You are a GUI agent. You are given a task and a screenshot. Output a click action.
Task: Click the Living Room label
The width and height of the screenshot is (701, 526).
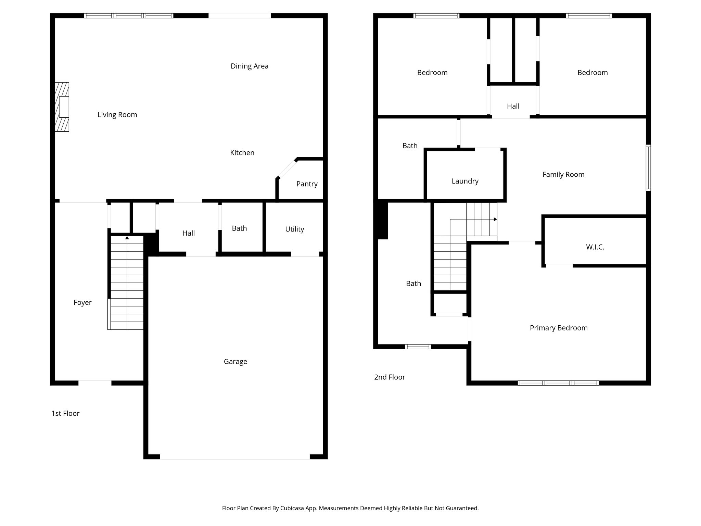[x=117, y=115]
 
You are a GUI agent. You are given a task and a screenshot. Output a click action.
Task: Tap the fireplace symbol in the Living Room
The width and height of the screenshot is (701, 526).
[x=62, y=107]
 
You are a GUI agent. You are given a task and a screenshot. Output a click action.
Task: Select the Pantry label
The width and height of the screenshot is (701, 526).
[x=307, y=184]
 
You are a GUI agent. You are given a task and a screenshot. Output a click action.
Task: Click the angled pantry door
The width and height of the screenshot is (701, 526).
[x=287, y=168]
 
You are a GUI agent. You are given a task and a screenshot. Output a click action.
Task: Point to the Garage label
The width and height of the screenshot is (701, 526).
[x=235, y=361]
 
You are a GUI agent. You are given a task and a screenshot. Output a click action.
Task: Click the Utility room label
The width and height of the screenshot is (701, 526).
[x=294, y=229]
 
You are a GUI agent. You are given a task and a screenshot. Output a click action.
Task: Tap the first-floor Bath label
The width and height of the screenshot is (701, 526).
[x=239, y=228]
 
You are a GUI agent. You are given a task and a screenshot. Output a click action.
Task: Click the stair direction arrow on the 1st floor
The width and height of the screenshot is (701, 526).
[x=127, y=238]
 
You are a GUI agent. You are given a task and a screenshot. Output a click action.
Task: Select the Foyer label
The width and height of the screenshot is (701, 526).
[x=82, y=302]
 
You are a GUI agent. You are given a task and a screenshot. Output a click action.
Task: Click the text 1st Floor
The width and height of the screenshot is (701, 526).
[x=65, y=413]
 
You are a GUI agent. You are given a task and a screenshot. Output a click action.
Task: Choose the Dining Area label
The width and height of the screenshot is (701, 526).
[x=249, y=66]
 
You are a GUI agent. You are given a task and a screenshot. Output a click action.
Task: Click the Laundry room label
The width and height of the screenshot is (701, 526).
[x=465, y=181]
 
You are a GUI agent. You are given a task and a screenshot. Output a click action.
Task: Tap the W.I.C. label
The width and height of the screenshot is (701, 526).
[x=595, y=247]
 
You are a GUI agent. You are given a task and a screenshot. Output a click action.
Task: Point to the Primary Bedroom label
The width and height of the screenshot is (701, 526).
[x=559, y=328]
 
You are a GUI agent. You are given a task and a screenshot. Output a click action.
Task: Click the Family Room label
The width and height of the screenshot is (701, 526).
[x=563, y=174]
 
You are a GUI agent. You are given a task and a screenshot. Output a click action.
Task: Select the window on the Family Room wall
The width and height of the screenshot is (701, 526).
[x=648, y=168]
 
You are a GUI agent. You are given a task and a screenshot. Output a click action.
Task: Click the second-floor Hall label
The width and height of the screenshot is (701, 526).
[x=513, y=106]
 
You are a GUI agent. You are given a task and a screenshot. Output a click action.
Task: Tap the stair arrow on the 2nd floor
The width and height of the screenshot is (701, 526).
[x=495, y=219]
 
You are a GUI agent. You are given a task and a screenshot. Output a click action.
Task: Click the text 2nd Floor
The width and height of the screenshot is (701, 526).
[x=390, y=377]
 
